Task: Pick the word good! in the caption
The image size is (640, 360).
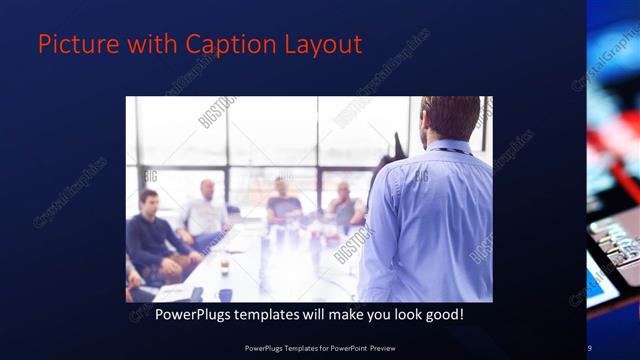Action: point(442,314)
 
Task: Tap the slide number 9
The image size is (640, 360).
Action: point(590,347)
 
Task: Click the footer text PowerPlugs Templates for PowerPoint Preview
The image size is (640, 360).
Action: point(319,347)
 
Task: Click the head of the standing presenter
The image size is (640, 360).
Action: point(450,118)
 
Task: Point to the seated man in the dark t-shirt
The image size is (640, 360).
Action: point(284,204)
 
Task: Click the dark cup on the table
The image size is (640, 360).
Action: point(225,294)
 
